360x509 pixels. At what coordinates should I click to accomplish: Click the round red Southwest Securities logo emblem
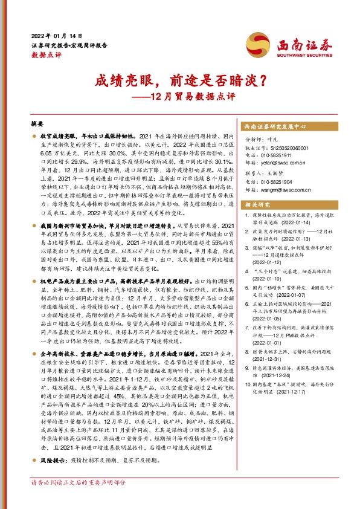pos(257,43)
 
